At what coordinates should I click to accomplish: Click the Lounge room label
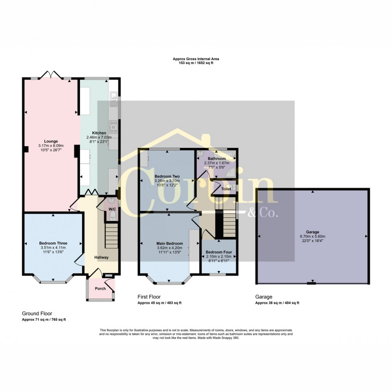[51, 141]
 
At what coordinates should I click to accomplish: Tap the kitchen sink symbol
[114, 96]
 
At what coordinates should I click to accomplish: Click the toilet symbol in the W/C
[112, 216]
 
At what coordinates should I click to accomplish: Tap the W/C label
[112, 209]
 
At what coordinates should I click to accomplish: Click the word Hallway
[101, 257]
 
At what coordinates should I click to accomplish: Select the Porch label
[100, 289]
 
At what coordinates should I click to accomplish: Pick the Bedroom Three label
[53, 243]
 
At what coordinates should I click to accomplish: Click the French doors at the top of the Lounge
[51, 75]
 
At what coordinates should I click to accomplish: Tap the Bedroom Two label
[167, 176]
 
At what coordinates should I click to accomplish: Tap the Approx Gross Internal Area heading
[196, 59]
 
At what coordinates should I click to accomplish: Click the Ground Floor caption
[37, 314]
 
